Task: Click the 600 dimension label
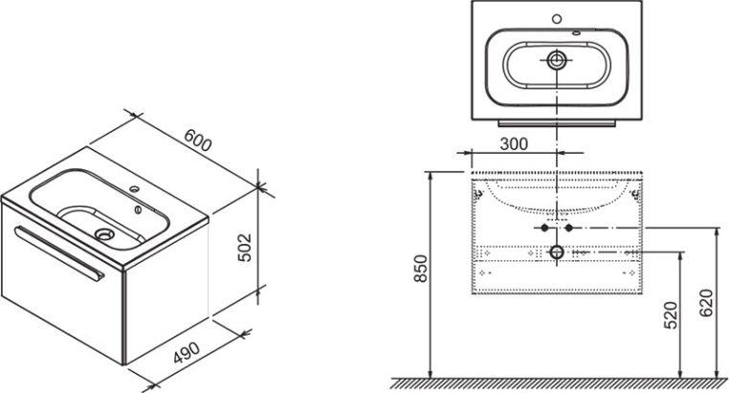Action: [198, 140]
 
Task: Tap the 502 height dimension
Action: [245, 247]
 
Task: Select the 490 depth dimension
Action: [187, 353]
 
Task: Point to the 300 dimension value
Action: [514, 144]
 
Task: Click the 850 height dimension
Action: [420, 269]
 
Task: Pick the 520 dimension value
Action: [670, 316]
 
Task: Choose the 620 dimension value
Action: [706, 303]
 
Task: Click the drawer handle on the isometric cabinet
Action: [59, 252]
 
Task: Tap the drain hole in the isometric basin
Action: [103, 233]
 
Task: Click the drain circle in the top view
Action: [557, 60]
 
